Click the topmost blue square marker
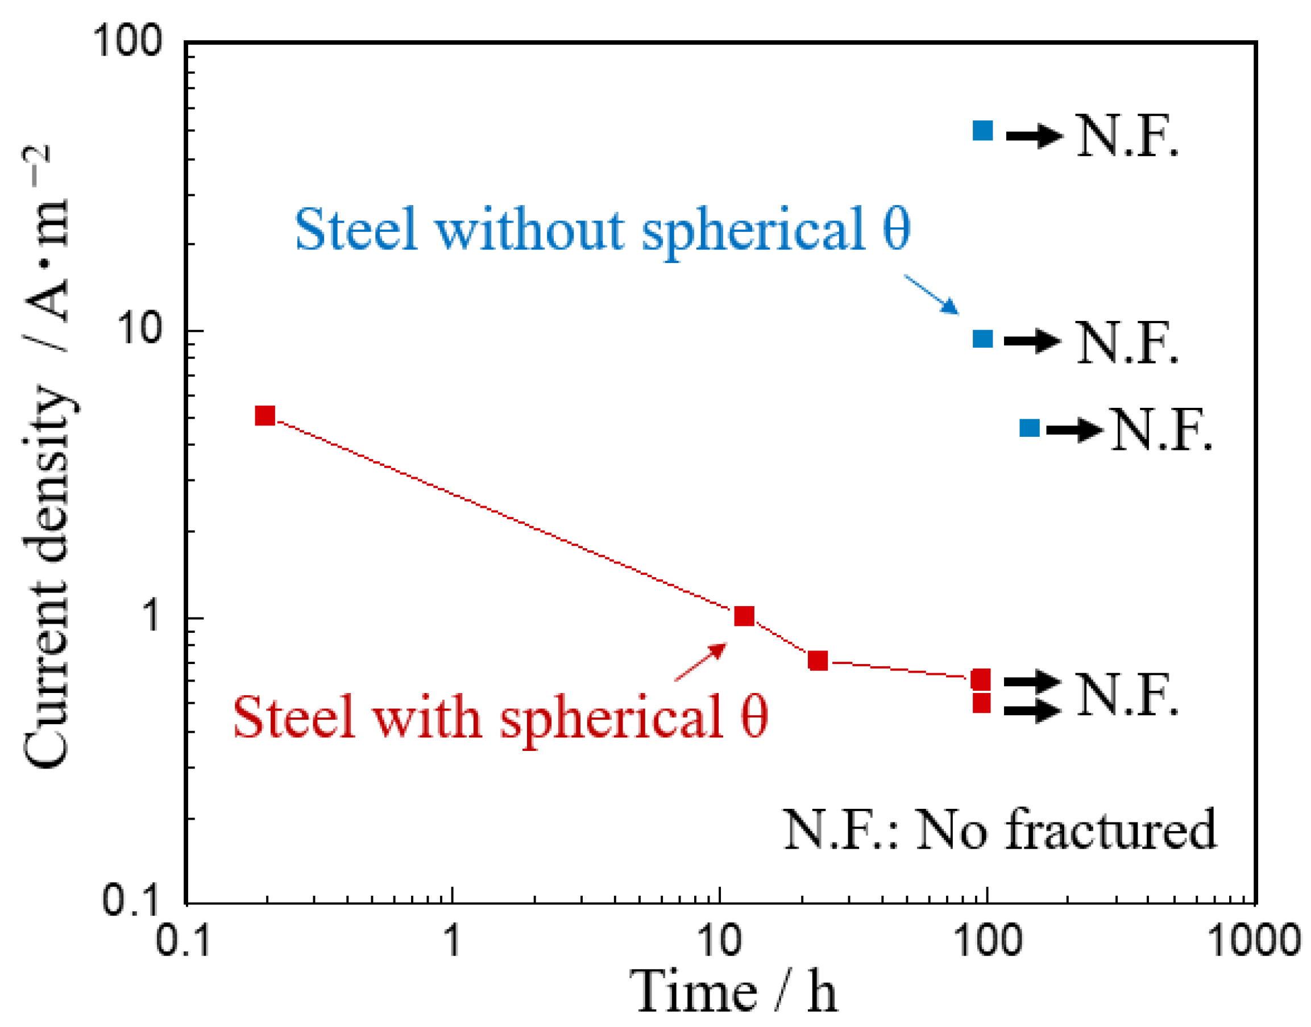982,131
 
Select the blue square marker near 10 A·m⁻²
982,339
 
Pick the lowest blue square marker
1030,428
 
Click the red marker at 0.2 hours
265,415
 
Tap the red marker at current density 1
744,616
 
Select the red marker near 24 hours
818,661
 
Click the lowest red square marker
981,703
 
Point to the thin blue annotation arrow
931,294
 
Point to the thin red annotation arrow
700,661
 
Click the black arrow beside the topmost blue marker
1034,135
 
